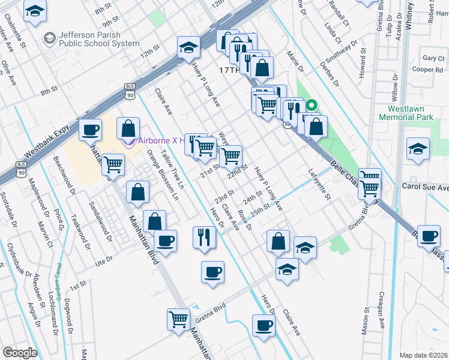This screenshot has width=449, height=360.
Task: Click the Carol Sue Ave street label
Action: point(426,188)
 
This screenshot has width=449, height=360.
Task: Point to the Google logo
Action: point(20,353)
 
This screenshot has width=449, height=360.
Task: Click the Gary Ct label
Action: point(432,58)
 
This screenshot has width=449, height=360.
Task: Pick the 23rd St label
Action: point(224,196)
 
